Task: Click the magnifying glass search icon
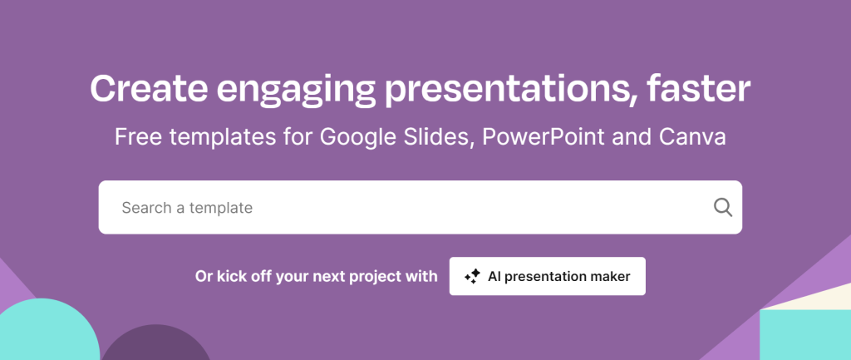click(x=722, y=207)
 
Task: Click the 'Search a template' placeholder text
click(x=187, y=208)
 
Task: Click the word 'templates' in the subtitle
click(x=215, y=137)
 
